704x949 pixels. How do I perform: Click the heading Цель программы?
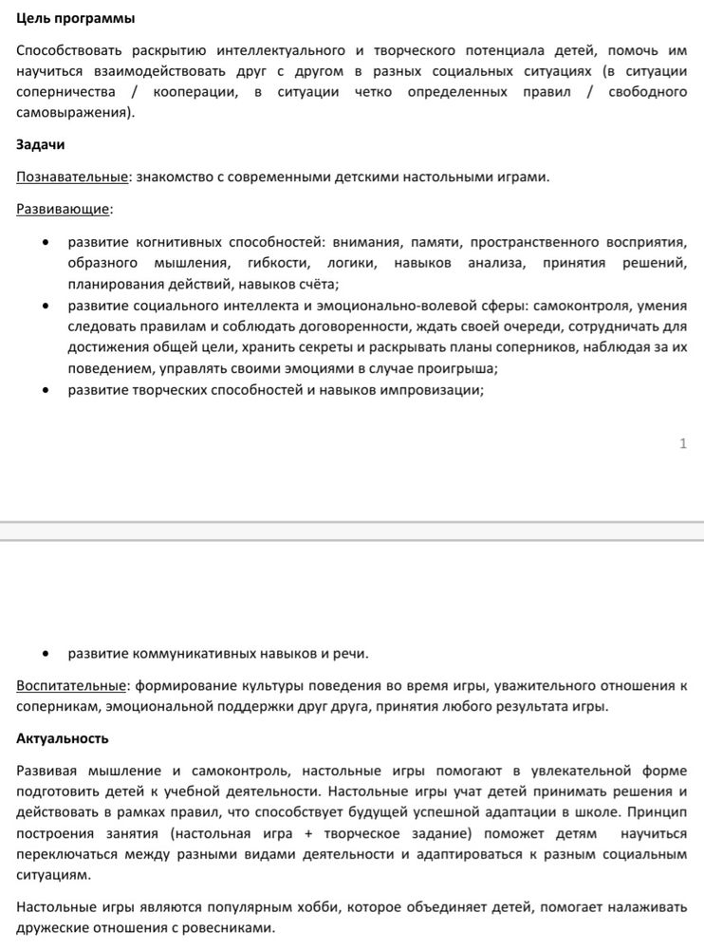pos(76,19)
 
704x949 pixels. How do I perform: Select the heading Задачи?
pos(40,145)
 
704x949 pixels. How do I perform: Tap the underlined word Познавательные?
pos(72,177)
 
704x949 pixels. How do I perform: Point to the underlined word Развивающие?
pos(63,209)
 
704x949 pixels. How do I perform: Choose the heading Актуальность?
pos(63,737)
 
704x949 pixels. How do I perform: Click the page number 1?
pos(683,443)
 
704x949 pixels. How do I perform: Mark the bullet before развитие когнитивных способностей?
pos(46,242)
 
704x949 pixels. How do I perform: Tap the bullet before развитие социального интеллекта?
pos(46,306)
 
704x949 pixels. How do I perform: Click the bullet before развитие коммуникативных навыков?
pos(46,654)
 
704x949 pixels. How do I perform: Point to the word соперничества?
pos(65,92)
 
